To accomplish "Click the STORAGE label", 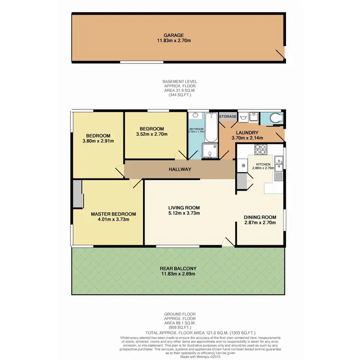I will click(x=228, y=116).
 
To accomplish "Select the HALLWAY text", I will click(x=180, y=169).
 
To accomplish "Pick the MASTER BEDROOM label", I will click(x=113, y=214).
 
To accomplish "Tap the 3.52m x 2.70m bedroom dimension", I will click(x=152, y=134).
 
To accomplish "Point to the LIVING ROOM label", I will click(x=184, y=207).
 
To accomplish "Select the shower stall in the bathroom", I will click(x=210, y=151).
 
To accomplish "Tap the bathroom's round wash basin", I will click(x=196, y=116).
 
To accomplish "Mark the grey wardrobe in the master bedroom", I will click(x=77, y=194).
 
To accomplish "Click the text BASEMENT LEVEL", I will click(x=180, y=82).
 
